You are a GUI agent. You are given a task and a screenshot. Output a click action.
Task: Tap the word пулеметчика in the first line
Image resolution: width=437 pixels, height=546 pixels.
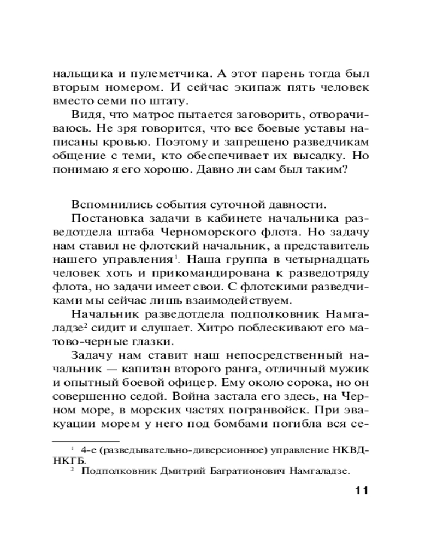click(x=164, y=73)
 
